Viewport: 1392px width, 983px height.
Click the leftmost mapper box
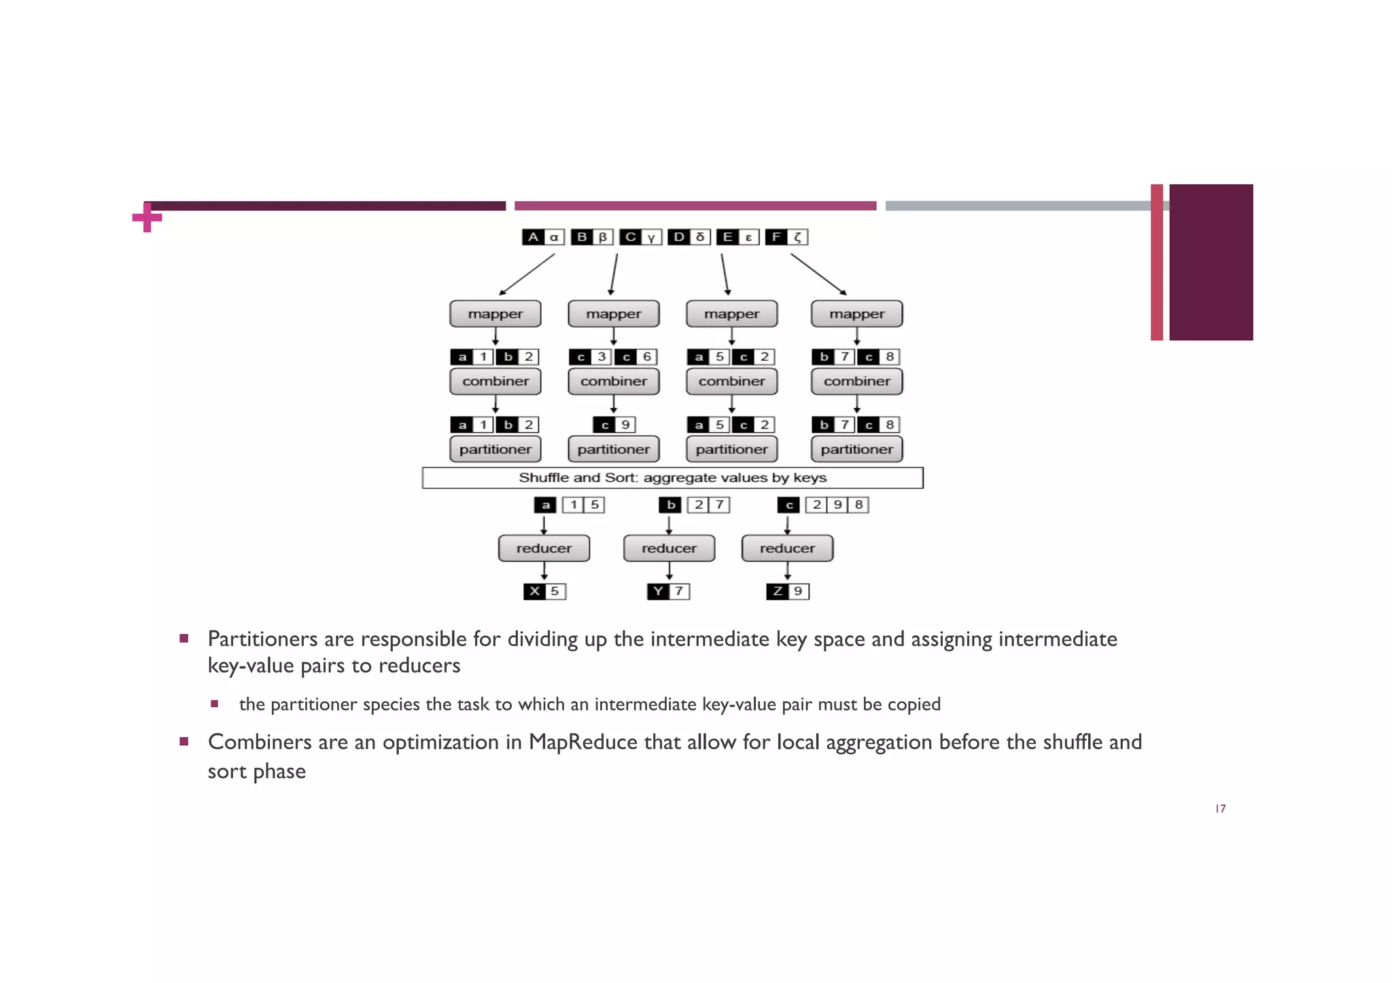tap(495, 314)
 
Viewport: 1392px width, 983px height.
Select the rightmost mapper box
tap(856, 314)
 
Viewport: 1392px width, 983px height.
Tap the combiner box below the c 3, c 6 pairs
tap(613, 381)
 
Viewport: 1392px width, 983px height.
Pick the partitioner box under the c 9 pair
tap(613, 449)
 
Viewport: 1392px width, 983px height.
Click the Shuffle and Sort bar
tap(672, 478)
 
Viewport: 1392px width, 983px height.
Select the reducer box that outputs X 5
tap(544, 548)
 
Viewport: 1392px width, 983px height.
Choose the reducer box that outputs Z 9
tap(787, 548)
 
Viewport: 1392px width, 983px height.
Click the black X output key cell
tap(534, 591)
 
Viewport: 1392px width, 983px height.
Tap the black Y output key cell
tap(658, 591)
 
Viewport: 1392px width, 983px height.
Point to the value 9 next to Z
tap(799, 591)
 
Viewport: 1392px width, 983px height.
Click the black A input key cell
tap(533, 237)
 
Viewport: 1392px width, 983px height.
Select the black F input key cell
tap(776, 237)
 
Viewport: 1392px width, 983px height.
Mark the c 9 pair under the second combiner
tap(614, 425)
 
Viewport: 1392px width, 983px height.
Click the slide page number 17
tap(1220, 808)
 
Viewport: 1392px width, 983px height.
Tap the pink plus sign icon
tap(147, 217)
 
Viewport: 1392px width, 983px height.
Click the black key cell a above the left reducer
tap(545, 505)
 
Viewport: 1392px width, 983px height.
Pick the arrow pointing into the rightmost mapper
tap(818, 274)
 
